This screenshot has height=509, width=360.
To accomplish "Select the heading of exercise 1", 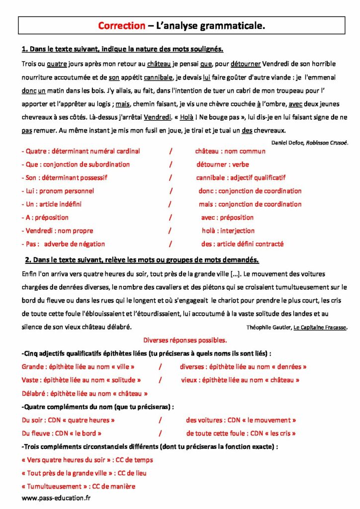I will (x=122, y=49).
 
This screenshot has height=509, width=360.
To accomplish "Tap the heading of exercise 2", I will (x=142, y=260).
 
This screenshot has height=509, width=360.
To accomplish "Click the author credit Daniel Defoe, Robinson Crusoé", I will (x=310, y=142).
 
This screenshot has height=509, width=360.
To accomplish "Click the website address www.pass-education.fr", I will (x=57, y=497).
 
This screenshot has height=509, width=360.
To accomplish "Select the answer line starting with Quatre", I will (x=81, y=151).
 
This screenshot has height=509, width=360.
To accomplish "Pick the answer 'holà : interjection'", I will (x=228, y=231).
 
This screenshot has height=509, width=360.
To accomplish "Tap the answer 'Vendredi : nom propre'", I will (x=57, y=231).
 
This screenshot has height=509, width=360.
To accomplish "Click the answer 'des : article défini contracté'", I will (x=242, y=244).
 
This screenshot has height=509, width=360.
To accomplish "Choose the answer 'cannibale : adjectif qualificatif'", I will (x=241, y=177).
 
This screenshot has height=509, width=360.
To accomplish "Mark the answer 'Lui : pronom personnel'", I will (x=58, y=191).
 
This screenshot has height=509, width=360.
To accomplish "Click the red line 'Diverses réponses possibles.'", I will (x=185, y=340).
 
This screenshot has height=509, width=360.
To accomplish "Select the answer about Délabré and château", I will (x=85, y=393).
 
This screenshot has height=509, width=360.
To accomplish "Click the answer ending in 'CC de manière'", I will (x=79, y=487).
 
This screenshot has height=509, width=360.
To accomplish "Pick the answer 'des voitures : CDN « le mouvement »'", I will (x=241, y=420).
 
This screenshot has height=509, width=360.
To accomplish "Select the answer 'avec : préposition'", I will (x=227, y=217).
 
